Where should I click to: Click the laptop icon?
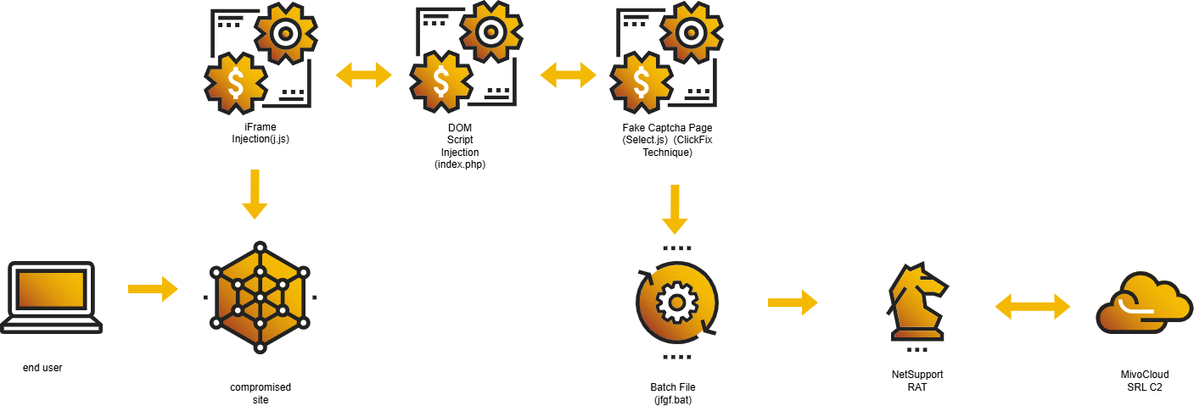pos(51,297)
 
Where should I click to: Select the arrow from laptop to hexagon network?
pos(153,289)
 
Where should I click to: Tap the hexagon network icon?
pos(260,298)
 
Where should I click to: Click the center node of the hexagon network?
pos(260,298)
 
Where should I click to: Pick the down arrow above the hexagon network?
pos(255,194)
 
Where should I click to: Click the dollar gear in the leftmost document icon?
pos(235,83)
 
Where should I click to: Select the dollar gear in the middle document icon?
pos(440,81)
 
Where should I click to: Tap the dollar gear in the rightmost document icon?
pos(641,82)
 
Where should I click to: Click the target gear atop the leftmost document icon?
pos(285,33)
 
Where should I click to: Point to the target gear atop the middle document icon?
pos(490,32)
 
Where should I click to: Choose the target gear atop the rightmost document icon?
pos(691,33)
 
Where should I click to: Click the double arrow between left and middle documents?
pos(363,75)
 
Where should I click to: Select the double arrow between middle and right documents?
pos(568,75)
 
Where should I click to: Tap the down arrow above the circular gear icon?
pos(675,209)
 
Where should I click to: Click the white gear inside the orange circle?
pos(676,303)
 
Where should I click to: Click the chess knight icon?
pos(917,302)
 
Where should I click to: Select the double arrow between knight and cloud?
pos(1033,306)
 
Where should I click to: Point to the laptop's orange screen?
pos(51,289)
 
